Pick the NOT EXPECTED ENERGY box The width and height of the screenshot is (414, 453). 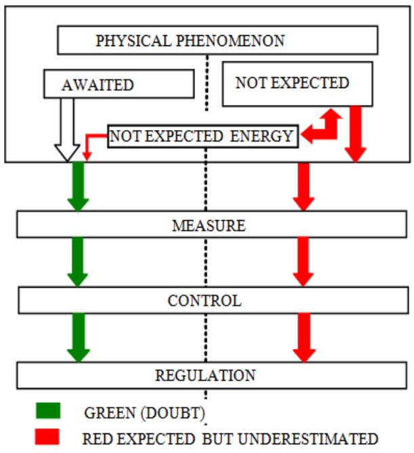click(x=202, y=136)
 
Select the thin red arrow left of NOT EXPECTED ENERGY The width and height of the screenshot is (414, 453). click(x=90, y=144)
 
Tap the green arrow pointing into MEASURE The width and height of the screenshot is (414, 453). click(x=79, y=187)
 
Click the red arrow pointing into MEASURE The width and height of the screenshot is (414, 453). click(x=303, y=187)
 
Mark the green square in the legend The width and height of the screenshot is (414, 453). click(x=48, y=411)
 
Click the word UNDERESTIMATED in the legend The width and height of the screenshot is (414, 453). click(x=319, y=438)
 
